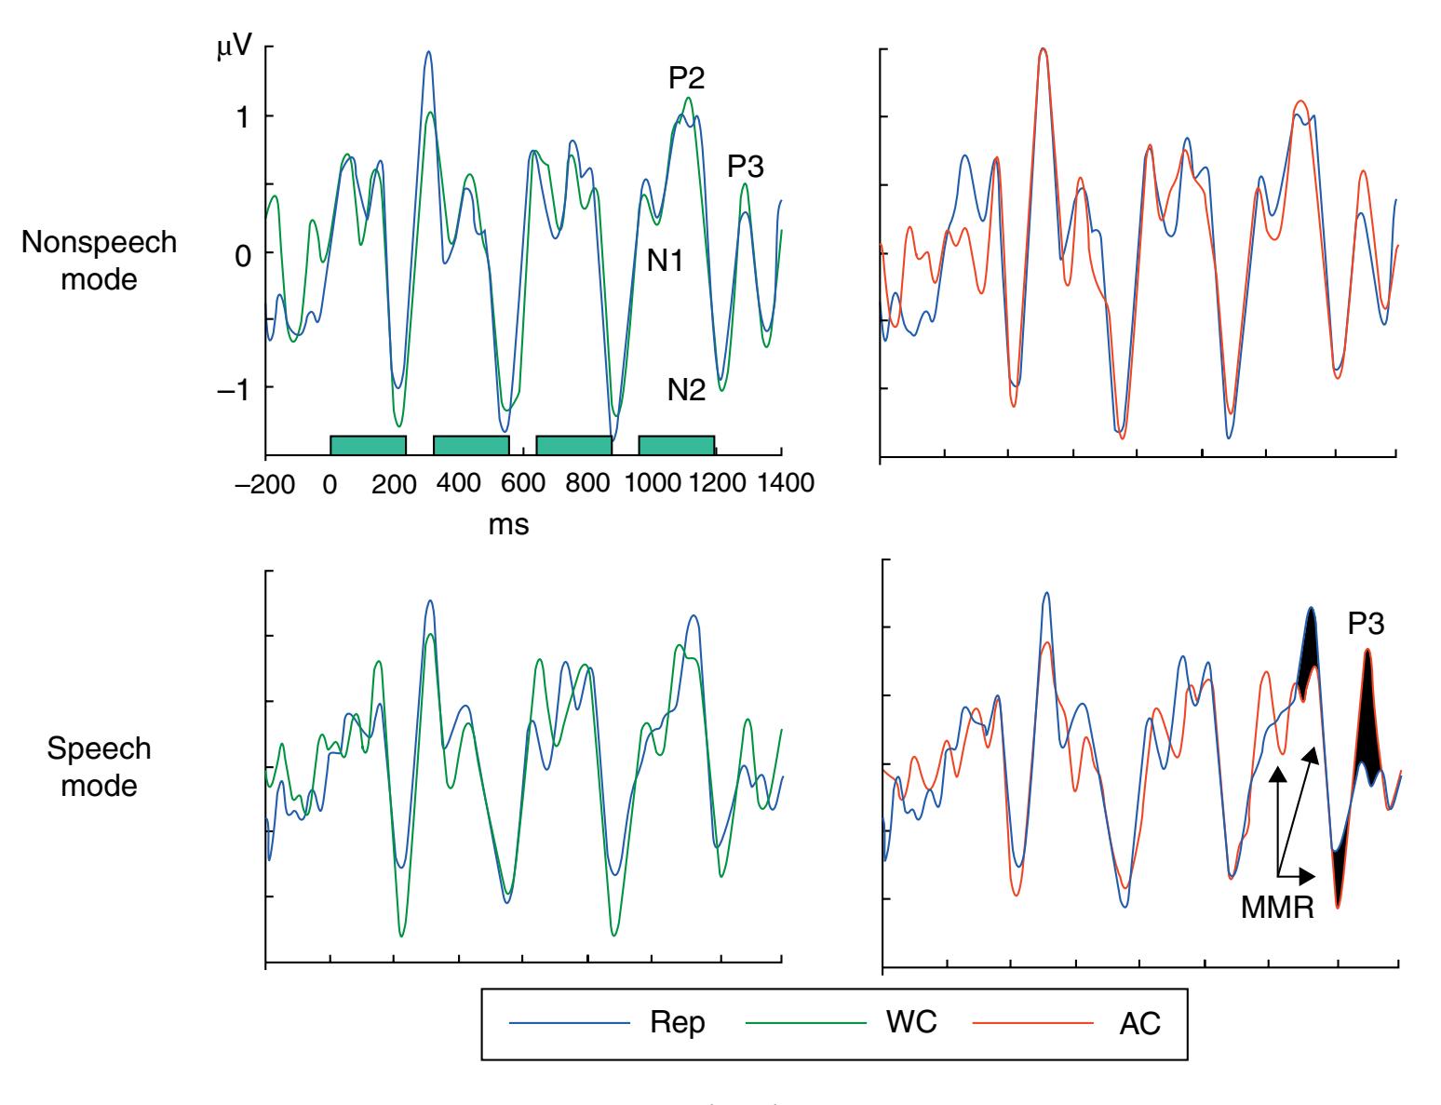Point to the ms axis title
coord(508,525)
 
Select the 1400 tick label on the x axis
coord(780,483)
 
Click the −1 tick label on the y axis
coord(239,388)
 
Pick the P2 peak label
coord(686,79)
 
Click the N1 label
coord(666,262)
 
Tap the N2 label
coord(686,391)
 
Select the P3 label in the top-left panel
coord(746,166)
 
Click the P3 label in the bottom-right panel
coord(1366,624)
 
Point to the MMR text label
coord(1277,908)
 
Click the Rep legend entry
coord(678,1022)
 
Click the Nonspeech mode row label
coord(99,260)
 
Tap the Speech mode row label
coord(99,767)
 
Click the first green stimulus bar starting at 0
coord(368,445)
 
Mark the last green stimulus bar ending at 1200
coord(676,445)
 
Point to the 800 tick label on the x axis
coord(587,483)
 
